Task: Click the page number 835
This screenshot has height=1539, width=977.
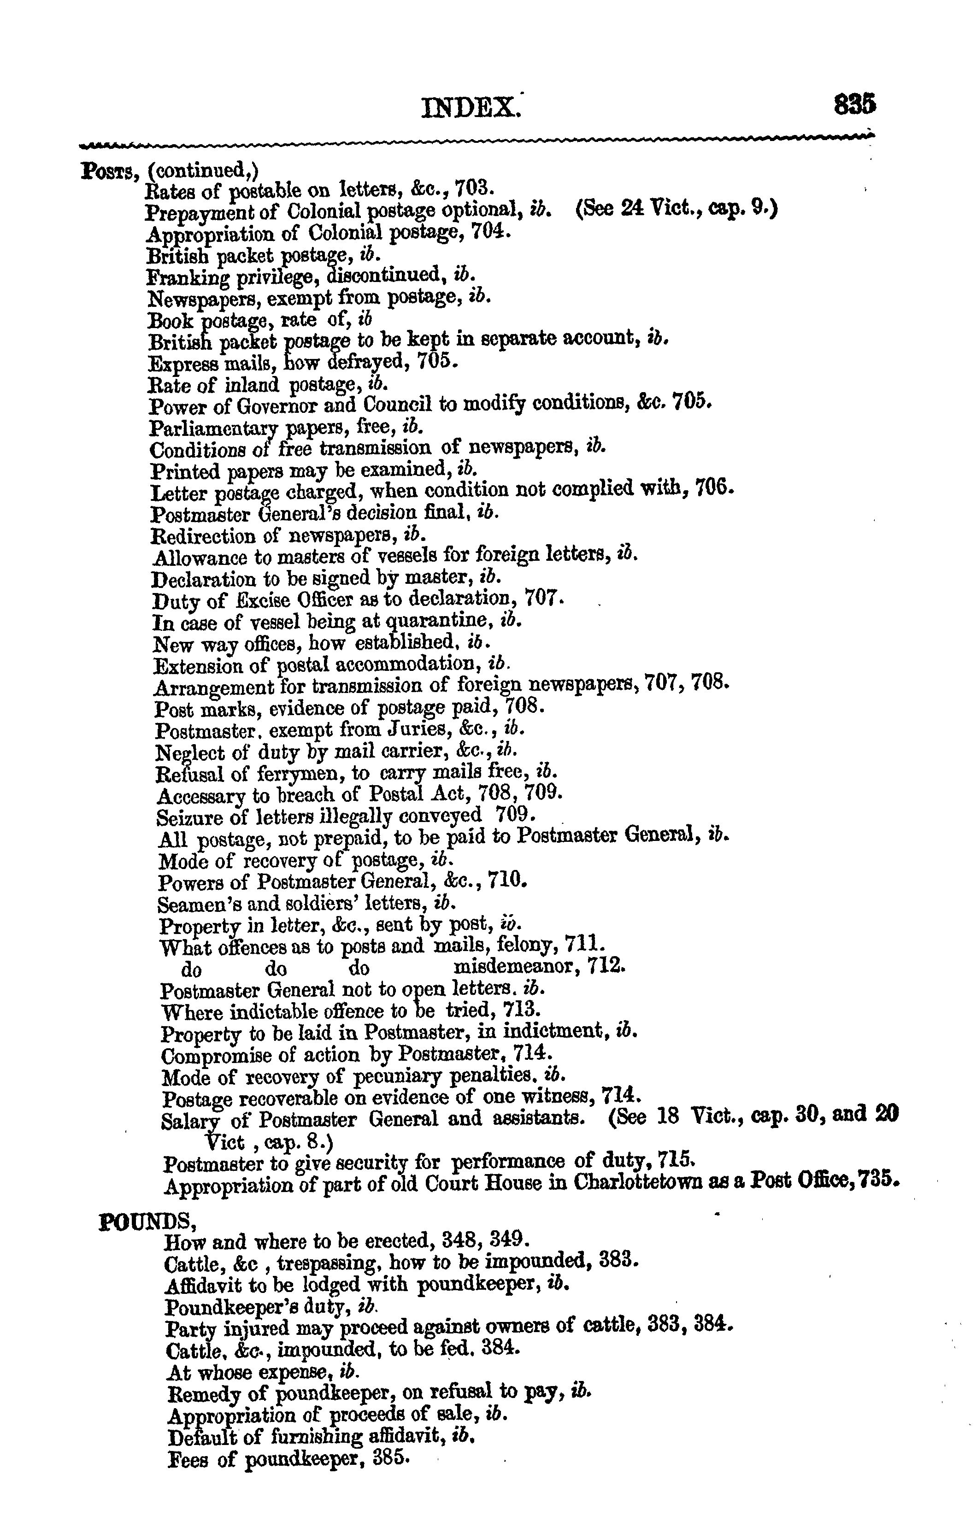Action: point(854,104)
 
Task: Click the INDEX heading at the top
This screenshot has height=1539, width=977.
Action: point(471,107)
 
